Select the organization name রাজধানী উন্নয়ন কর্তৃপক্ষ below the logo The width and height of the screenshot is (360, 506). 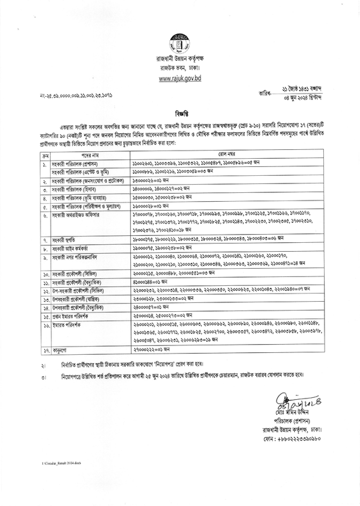click(x=180, y=59)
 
